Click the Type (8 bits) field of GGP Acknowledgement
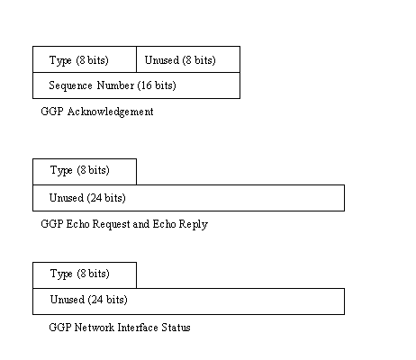point(85,59)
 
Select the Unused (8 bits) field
point(188,59)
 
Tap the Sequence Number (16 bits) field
point(136,85)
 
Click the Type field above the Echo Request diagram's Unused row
point(85,172)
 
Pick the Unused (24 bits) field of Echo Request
point(188,198)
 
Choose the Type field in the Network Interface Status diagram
point(85,275)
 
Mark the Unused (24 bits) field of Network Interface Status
point(188,301)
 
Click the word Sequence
point(70,85)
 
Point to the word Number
point(115,85)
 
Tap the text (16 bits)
point(157,85)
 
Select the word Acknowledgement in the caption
point(110,112)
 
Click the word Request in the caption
point(111,224)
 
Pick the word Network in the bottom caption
point(95,328)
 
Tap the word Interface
point(138,328)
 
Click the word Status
point(176,328)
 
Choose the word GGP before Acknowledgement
point(52,112)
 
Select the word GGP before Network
point(60,328)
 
